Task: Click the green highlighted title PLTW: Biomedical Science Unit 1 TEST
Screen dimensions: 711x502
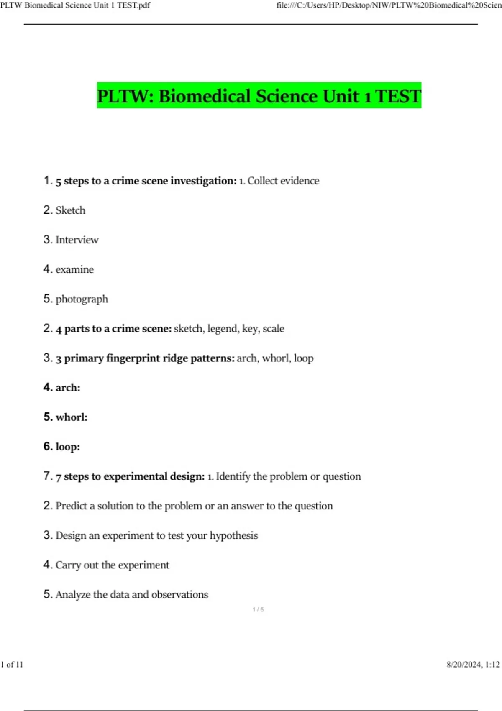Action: [x=259, y=96]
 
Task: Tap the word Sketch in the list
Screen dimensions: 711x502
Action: [x=70, y=210]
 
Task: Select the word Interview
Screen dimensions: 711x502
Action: [x=77, y=240]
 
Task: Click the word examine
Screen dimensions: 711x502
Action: [x=74, y=270]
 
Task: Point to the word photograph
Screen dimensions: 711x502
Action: [x=82, y=299]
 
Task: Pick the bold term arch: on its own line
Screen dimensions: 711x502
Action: [x=68, y=388]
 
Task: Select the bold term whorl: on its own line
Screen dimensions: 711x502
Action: [x=72, y=417]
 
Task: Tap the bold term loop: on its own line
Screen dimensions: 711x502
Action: [x=68, y=447]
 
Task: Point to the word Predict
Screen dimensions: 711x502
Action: [x=71, y=506]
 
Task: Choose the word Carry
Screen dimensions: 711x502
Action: [x=68, y=565]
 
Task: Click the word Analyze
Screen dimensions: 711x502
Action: [x=73, y=595]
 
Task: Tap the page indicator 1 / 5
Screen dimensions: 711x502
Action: [x=258, y=610]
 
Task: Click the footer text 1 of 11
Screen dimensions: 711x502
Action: [x=12, y=665]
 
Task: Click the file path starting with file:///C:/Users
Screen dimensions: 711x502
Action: [x=389, y=5]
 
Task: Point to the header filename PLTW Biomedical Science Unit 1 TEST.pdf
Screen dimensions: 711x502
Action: [x=75, y=5]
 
